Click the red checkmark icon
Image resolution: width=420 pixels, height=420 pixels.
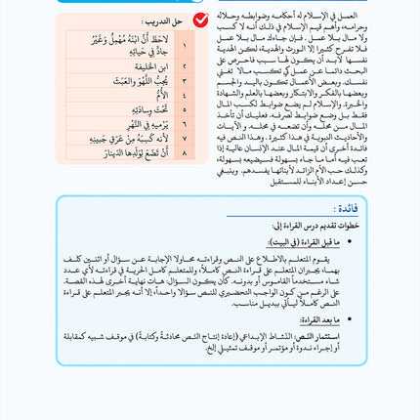(201, 20)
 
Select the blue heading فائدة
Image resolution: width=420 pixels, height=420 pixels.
(349, 209)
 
